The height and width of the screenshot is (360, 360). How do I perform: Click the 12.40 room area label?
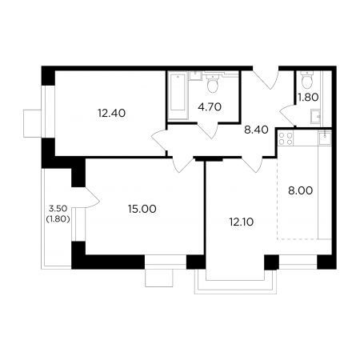point(111,114)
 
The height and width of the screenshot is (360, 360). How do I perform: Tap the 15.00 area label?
point(142,209)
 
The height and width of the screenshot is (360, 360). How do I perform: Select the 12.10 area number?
point(242,222)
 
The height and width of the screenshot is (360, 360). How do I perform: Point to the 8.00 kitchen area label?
point(300,191)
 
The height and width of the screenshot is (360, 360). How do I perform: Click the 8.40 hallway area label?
point(256,130)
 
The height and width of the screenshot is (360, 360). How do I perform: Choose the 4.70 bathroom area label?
point(210,107)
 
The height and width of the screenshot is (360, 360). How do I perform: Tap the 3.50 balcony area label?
point(58,208)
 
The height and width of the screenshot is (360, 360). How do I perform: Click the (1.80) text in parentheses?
point(58,219)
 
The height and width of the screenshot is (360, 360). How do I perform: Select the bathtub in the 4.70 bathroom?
point(178,95)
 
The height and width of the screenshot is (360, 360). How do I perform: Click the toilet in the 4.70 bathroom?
point(213,83)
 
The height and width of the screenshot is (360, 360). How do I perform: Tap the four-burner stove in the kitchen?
point(286,139)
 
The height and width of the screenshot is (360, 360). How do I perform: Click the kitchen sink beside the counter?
point(325,138)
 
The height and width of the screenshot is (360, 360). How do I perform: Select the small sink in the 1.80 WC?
point(316,116)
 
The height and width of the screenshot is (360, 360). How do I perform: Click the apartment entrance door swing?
point(266,78)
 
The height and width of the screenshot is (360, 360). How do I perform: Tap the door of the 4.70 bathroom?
point(209,131)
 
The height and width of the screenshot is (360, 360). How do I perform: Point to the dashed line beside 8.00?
point(278,198)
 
